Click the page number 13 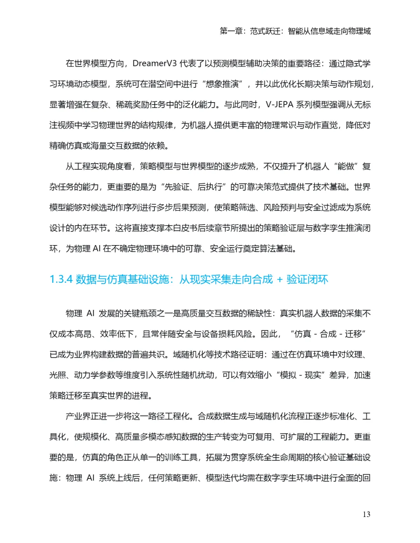pos(366,514)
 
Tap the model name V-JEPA pos(279,104)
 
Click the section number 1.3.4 pos(61,279)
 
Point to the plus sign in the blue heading pos(280,280)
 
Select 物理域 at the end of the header pos(360,31)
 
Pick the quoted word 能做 pos(347,166)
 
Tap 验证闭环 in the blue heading pos(307,280)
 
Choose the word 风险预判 pos(279,207)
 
